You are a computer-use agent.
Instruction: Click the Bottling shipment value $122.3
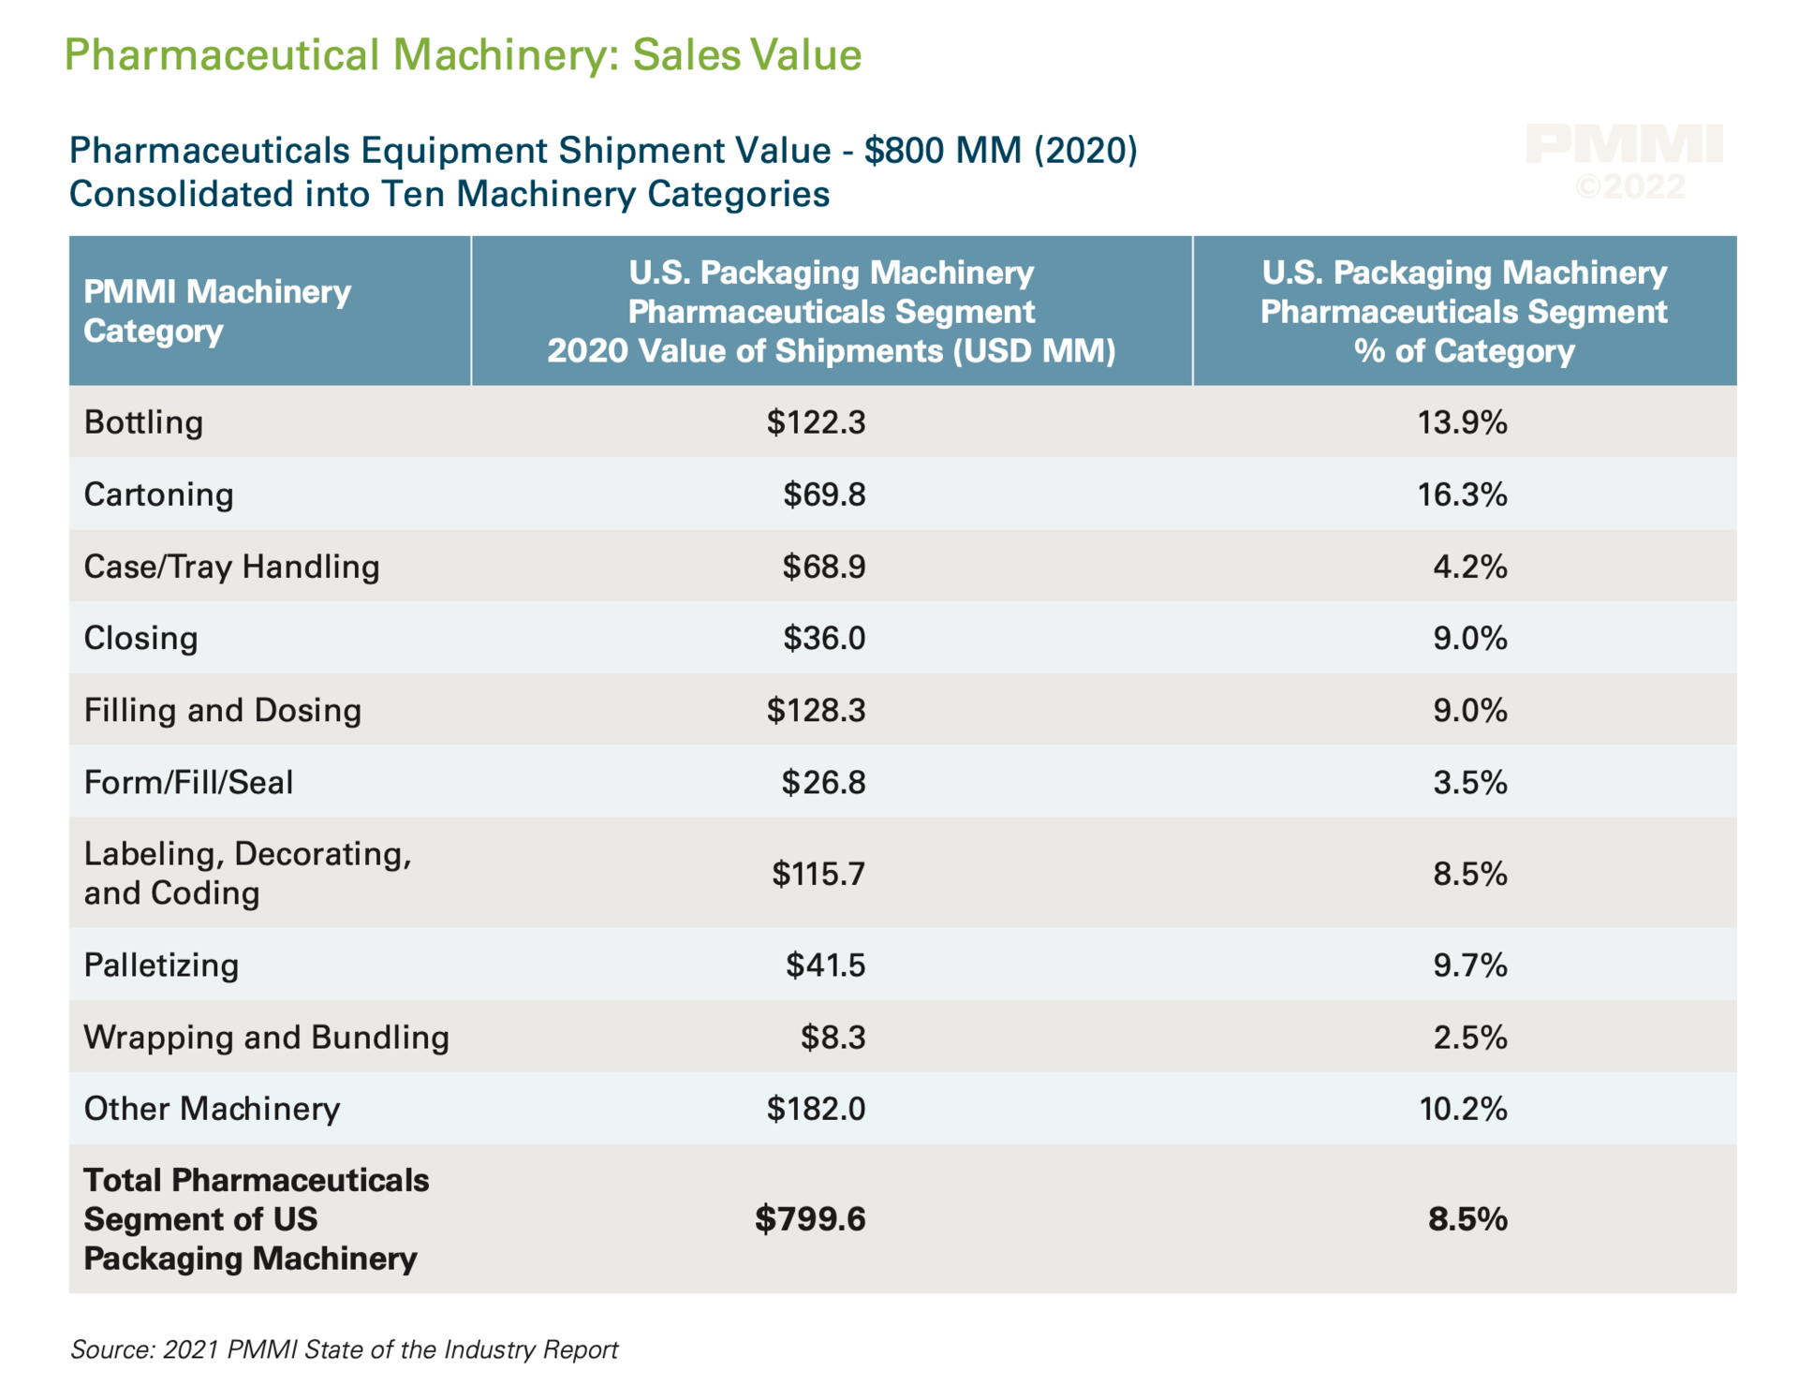tap(816, 422)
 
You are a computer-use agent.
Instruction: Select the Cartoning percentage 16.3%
tap(1462, 494)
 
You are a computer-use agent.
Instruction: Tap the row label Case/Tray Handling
tap(231, 567)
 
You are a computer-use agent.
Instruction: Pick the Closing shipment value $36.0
tap(824, 639)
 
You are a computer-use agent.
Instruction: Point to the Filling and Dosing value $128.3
tap(816, 711)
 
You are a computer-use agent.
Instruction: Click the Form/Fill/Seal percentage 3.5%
tap(1469, 783)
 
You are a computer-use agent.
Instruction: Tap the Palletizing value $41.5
tap(825, 965)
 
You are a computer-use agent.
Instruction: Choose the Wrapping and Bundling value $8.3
tap(833, 1038)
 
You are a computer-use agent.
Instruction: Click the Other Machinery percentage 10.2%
tap(1463, 1110)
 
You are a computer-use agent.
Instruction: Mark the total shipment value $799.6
tap(810, 1219)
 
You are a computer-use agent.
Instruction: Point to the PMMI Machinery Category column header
tap(216, 311)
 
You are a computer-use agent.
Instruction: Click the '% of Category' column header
tap(1464, 312)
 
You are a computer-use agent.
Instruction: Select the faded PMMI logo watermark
tap(1624, 144)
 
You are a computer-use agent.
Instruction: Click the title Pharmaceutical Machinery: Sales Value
tap(463, 55)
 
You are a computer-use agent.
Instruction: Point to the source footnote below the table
tap(344, 1349)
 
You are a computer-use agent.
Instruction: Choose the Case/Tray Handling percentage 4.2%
tap(1469, 567)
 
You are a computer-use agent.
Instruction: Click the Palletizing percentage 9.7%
tap(1469, 965)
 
